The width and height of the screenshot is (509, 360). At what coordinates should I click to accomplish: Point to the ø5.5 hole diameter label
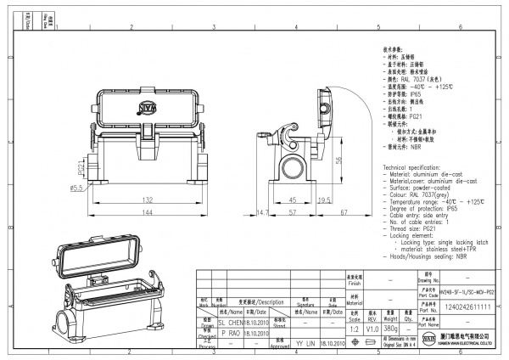tap(75, 187)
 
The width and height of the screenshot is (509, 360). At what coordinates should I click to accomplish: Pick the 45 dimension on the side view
tap(294, 200)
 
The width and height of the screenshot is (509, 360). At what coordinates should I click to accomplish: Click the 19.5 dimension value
tap(323, 200)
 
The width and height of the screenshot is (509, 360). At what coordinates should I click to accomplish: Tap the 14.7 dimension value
tap(262, 211)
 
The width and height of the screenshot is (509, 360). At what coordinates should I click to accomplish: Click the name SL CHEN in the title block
tap(232, 323)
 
